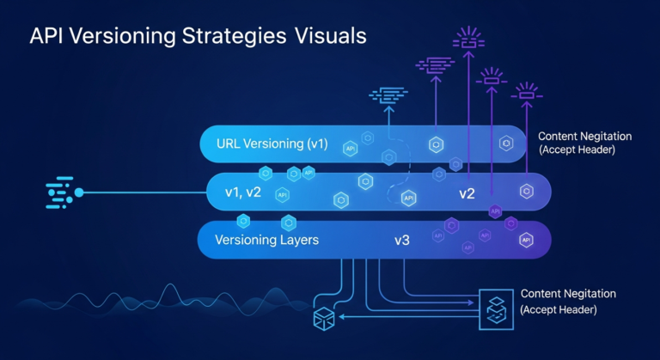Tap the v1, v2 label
click(x=242, y=192)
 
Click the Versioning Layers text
click(x=266, y=240)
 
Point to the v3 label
click(x=401, y=241)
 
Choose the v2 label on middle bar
click(x=467, y=193)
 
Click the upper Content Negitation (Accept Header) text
click(x=584, y=143)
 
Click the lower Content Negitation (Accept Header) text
click(x=568, y=301)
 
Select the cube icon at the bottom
click(x=324, y=318)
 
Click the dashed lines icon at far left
click(x=59, y=193)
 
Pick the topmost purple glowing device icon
click(x=468, y=38)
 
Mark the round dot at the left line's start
click(x=79, y=192)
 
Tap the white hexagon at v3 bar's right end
click(x=526, y=241)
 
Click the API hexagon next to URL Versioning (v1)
click(x=350, y=149)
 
